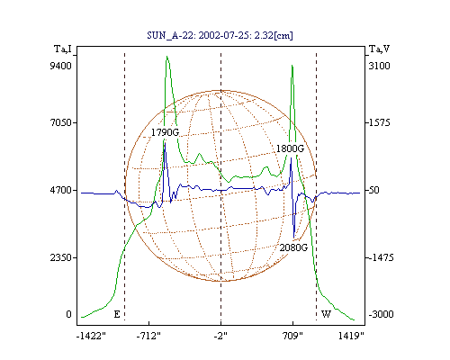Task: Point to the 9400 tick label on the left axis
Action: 60,66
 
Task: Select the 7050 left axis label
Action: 60,122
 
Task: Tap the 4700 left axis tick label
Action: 60,190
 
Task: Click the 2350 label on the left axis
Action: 60,257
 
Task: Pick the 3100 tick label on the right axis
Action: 380,66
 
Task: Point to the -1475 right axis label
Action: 381,257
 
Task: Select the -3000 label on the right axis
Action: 381,314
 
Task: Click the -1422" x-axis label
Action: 92,336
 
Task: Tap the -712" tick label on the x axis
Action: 148,336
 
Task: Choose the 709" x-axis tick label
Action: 293,336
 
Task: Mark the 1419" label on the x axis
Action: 351,336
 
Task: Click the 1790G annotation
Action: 165,132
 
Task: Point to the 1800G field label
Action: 290,148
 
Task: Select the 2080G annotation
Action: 293,247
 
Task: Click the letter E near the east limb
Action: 117,314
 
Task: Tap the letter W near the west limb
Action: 326,314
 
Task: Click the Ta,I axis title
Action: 63,49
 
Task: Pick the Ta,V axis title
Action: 379,49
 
